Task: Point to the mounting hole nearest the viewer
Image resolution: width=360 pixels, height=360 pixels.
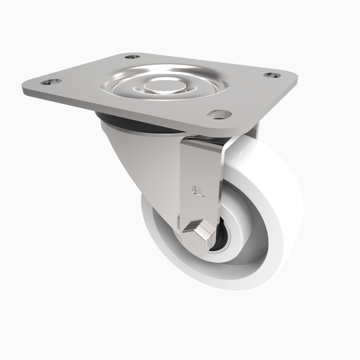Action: [x=219, y=114]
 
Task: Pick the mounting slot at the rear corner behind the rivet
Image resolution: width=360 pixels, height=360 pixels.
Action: [x=131, y=58]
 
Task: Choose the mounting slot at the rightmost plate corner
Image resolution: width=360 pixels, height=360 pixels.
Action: [x=271, y=75]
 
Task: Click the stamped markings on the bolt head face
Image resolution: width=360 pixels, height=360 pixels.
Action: [x=195, y=240]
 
